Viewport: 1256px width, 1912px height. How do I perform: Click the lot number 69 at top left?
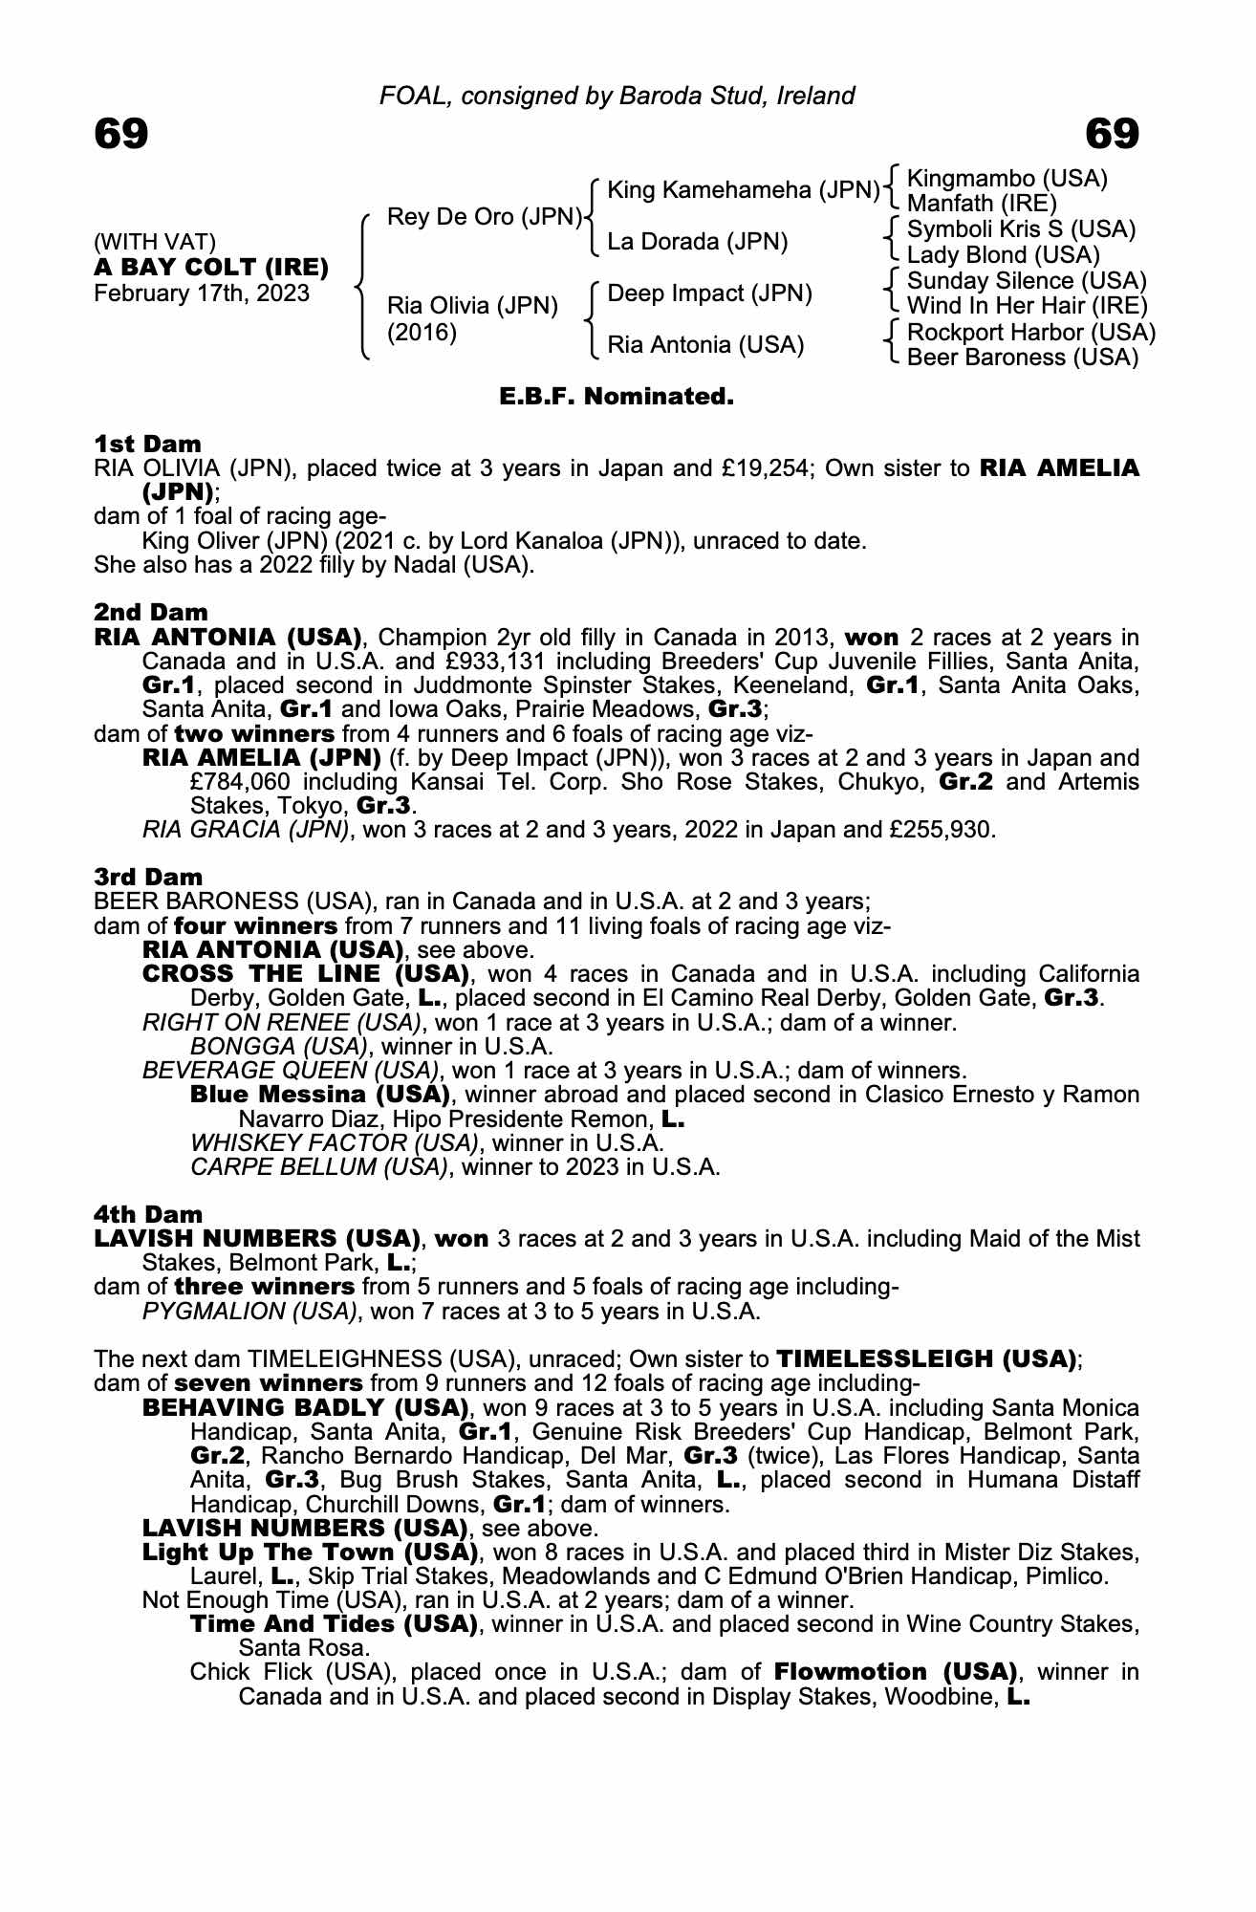click(121, 135)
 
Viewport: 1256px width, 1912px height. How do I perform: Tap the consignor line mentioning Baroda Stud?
click(617, 96)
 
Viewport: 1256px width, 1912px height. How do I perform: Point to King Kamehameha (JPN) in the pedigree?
click(743, 190)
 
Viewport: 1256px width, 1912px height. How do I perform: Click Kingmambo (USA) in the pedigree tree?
click(1007, 179)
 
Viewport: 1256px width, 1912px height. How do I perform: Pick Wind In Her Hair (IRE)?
click(1027, 306)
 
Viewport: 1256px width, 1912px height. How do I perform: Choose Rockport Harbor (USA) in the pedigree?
click(1030, 332)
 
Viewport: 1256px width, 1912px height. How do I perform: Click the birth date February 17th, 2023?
click(202, 293)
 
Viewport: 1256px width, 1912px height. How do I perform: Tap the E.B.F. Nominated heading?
click(617, 396)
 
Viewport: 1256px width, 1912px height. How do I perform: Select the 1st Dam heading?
click(148, 444)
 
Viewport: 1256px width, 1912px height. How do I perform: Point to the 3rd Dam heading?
click(148, 877)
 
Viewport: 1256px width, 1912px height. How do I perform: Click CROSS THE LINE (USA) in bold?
click(305, 974)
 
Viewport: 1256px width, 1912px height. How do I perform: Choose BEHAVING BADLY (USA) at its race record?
click(305, 1408)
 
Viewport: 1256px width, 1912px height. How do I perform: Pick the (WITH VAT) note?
click(155, 243)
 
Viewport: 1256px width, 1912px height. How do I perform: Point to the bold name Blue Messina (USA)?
click(320, 1094)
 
